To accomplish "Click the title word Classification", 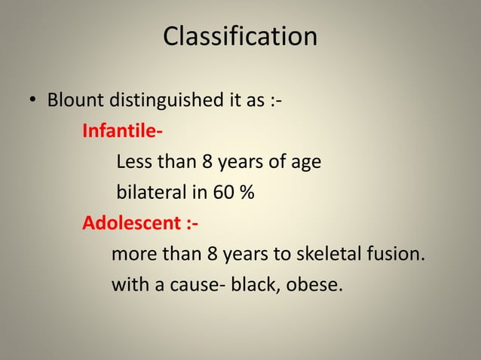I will [240, 36].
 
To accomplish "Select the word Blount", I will [77, 100].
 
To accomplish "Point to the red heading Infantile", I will [121, 131].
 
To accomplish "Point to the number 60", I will [222, 193].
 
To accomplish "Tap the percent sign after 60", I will [247, 193].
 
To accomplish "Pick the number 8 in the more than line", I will [212, 255].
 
